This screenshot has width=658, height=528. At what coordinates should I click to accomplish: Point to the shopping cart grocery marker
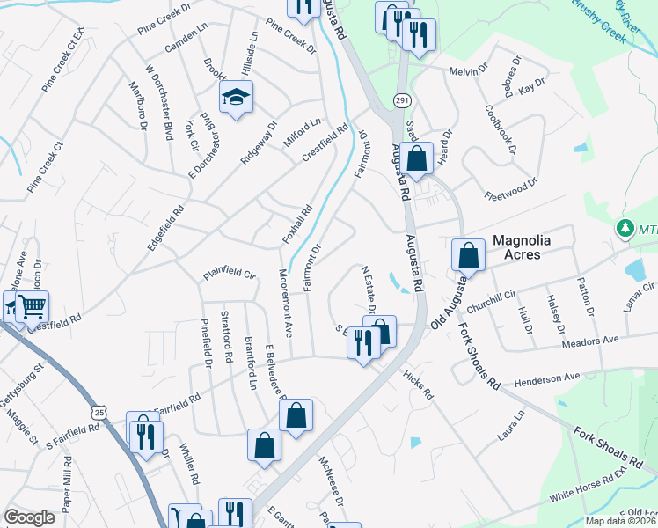tap(32, 307)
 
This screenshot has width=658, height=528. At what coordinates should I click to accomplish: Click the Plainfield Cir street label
tap(229, 274)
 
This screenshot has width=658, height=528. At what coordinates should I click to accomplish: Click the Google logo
tap(30, 517)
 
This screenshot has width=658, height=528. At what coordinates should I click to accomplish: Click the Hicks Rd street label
tap(418, 385)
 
